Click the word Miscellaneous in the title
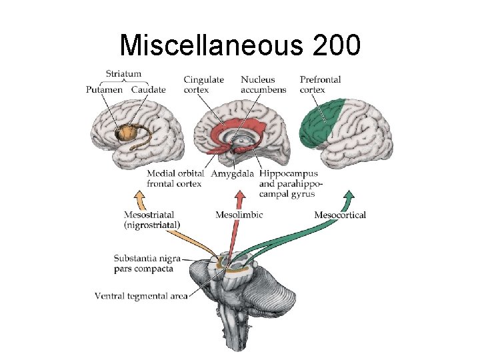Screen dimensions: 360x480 pyautogui.click(x=200, y=45)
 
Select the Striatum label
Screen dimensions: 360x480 pyautogui.click(x=123, y=74)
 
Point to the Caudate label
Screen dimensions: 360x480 pyautogui.click(x=148, y=90)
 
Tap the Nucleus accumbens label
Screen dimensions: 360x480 pyautogui.click(x=263, y=85)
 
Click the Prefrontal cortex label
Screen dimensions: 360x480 pyautogui.click(x=320, y=85)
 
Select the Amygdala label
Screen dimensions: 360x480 pyautogui.click(x=232, y=174)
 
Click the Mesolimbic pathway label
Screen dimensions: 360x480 pyautogui.click(x=239, y=215)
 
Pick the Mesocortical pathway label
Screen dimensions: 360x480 pyautogui.click(x=340, y=215)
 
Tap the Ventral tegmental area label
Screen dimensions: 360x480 pyautogui.click(x=141, y=295)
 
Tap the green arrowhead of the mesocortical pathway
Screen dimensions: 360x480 pyautogui.click(x=349, y=195)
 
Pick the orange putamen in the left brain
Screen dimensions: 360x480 pyautogui.click(x=124, y=133)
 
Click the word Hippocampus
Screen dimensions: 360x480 pyautogui.click(x=288, y=174)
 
